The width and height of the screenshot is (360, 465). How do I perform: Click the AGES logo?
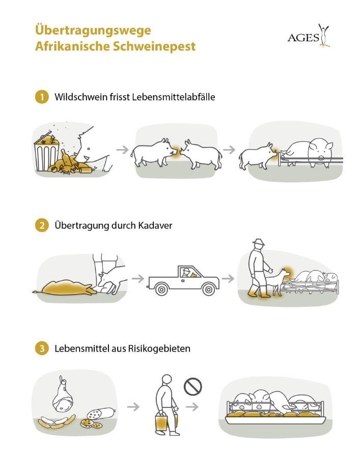[x=309, y=36]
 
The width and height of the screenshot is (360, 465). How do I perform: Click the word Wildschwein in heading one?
[x=78, y=97]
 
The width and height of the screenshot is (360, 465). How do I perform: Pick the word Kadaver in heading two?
[x=155, y=226]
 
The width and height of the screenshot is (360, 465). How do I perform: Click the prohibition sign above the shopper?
[x=193, y=386]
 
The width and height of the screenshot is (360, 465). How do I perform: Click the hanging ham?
[x=63, y=399]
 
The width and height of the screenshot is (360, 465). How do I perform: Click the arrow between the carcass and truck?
[x=136, y=278]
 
